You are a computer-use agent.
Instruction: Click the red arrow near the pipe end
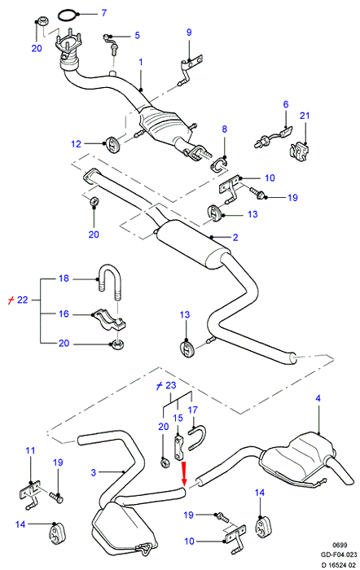184,474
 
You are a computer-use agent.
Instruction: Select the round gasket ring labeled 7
68,16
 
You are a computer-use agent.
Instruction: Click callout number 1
141,62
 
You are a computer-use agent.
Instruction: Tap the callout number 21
305,116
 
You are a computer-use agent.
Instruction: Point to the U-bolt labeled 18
108,283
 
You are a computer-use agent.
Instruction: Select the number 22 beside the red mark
23,300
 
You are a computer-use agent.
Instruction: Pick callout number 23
171,385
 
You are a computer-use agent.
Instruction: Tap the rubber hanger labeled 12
112,144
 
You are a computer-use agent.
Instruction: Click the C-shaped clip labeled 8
217,164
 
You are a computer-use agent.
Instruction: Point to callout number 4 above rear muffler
318,398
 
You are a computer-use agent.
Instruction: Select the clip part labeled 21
300,151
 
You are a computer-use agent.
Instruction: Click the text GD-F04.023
339,555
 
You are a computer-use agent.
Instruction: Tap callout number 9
189,32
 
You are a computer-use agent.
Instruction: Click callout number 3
94,472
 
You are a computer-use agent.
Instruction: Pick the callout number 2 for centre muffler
235,238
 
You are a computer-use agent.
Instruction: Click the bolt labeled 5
111,44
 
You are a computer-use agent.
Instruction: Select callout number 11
30,450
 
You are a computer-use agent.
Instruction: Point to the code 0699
340,545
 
